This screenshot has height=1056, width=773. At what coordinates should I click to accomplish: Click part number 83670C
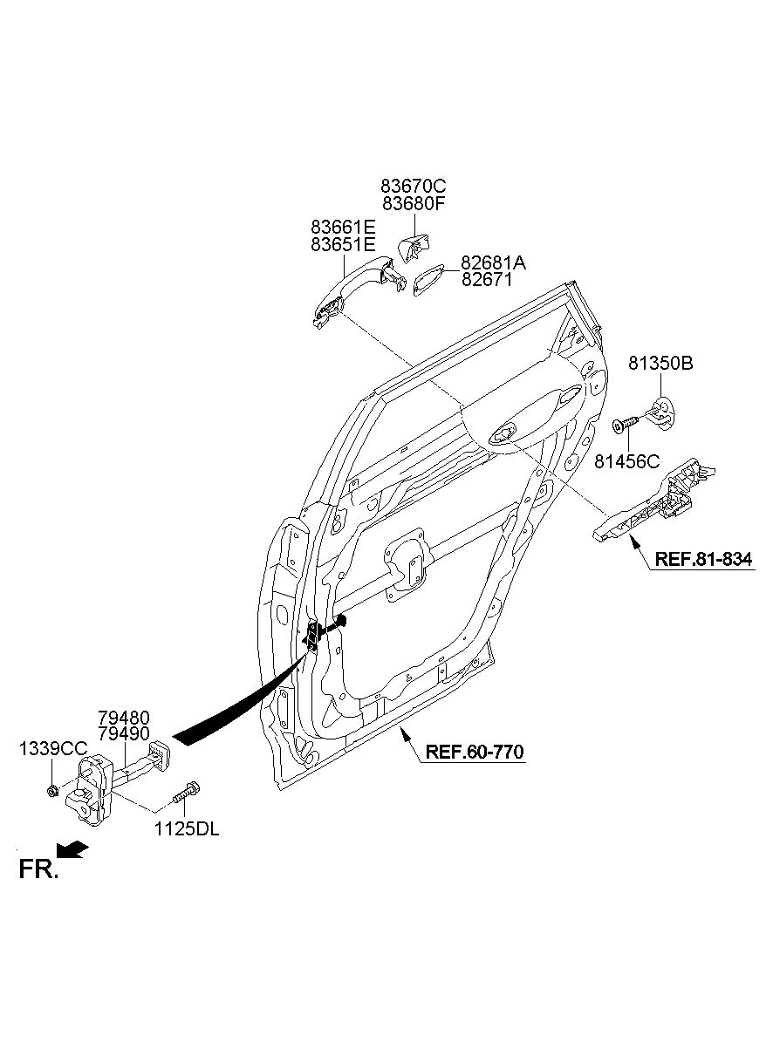(x=413, y=186)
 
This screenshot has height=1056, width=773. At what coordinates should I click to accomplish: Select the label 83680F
(x=413, y=203)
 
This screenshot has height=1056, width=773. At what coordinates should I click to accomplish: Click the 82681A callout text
(x=494, y=262)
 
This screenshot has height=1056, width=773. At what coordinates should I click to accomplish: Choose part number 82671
(x=487, y=280)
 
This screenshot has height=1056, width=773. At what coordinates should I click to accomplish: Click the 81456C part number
(x=627, y=461)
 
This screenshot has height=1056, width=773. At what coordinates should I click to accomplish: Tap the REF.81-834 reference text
(x=703, y=559)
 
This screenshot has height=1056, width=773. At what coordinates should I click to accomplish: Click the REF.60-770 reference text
(x=475, y=752)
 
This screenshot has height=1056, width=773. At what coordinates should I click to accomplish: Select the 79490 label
(x=123, y=733)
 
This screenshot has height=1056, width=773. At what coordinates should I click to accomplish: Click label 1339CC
(x=53, y=748)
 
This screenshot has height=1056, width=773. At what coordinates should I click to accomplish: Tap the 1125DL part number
(x=187, y=829)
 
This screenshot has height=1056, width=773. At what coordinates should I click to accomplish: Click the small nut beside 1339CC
(x=51, y=790)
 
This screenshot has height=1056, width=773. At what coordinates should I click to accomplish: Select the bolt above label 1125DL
(x=183, y=792)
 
